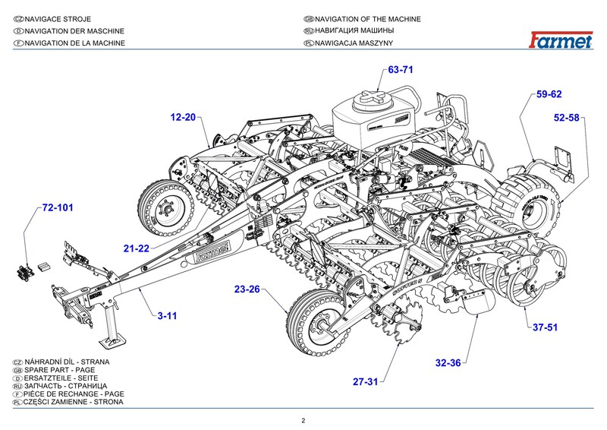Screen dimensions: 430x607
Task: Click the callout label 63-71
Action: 400,70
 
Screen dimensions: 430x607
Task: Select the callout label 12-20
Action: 182,118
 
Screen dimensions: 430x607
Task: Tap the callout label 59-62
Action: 549,95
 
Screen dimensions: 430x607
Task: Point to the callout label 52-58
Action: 566,118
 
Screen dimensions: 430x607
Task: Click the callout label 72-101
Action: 58,207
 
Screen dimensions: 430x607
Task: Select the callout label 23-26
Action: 247,289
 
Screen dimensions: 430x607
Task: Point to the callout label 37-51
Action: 544,327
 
